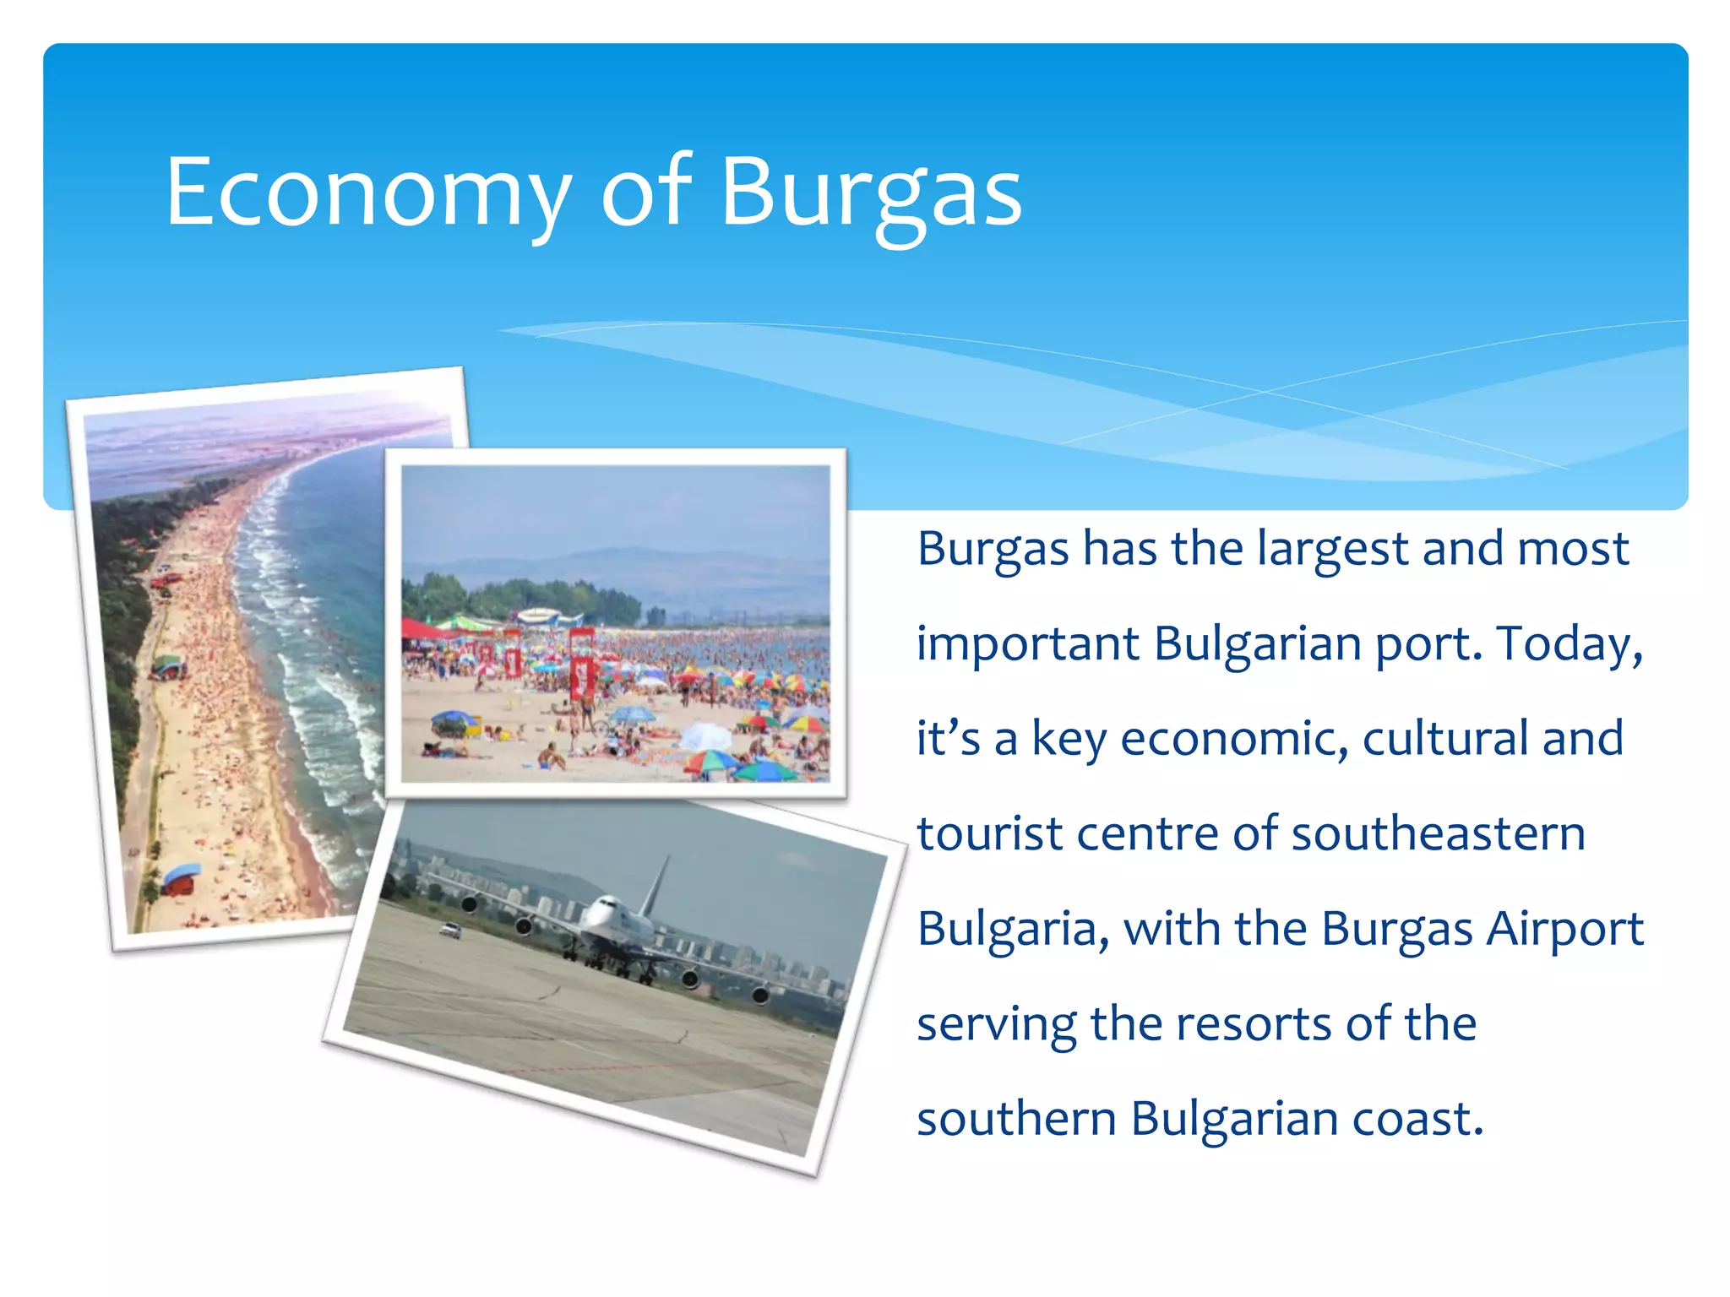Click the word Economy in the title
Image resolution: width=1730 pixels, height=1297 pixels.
[x=367, y=193]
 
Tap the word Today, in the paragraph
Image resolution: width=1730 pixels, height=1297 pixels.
[x=1570, y=643]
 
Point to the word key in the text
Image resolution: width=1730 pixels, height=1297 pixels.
[x=1069, y=739]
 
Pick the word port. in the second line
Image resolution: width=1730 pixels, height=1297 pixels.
[x=1429, y=645]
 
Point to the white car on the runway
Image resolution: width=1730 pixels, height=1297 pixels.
[x=450, y=930]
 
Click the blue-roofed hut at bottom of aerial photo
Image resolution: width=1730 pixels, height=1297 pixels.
[x=181, y=879]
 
